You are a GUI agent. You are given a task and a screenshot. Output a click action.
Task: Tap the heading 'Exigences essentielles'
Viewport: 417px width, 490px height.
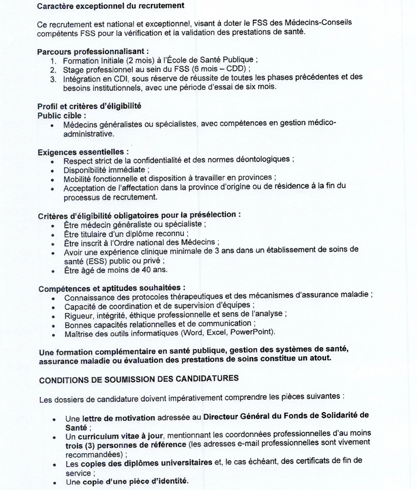pos(83,152)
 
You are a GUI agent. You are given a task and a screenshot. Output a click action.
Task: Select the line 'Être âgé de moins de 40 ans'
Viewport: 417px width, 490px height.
pos(116,270)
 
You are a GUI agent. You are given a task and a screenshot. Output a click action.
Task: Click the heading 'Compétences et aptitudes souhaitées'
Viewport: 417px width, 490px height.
pos(111,288)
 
